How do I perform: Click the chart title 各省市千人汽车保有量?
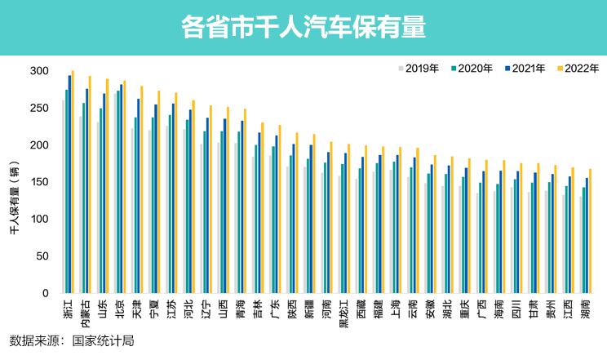pos(303,28)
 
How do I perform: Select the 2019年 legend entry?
pos(419,68)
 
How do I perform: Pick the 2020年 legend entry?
pos(471,68)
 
